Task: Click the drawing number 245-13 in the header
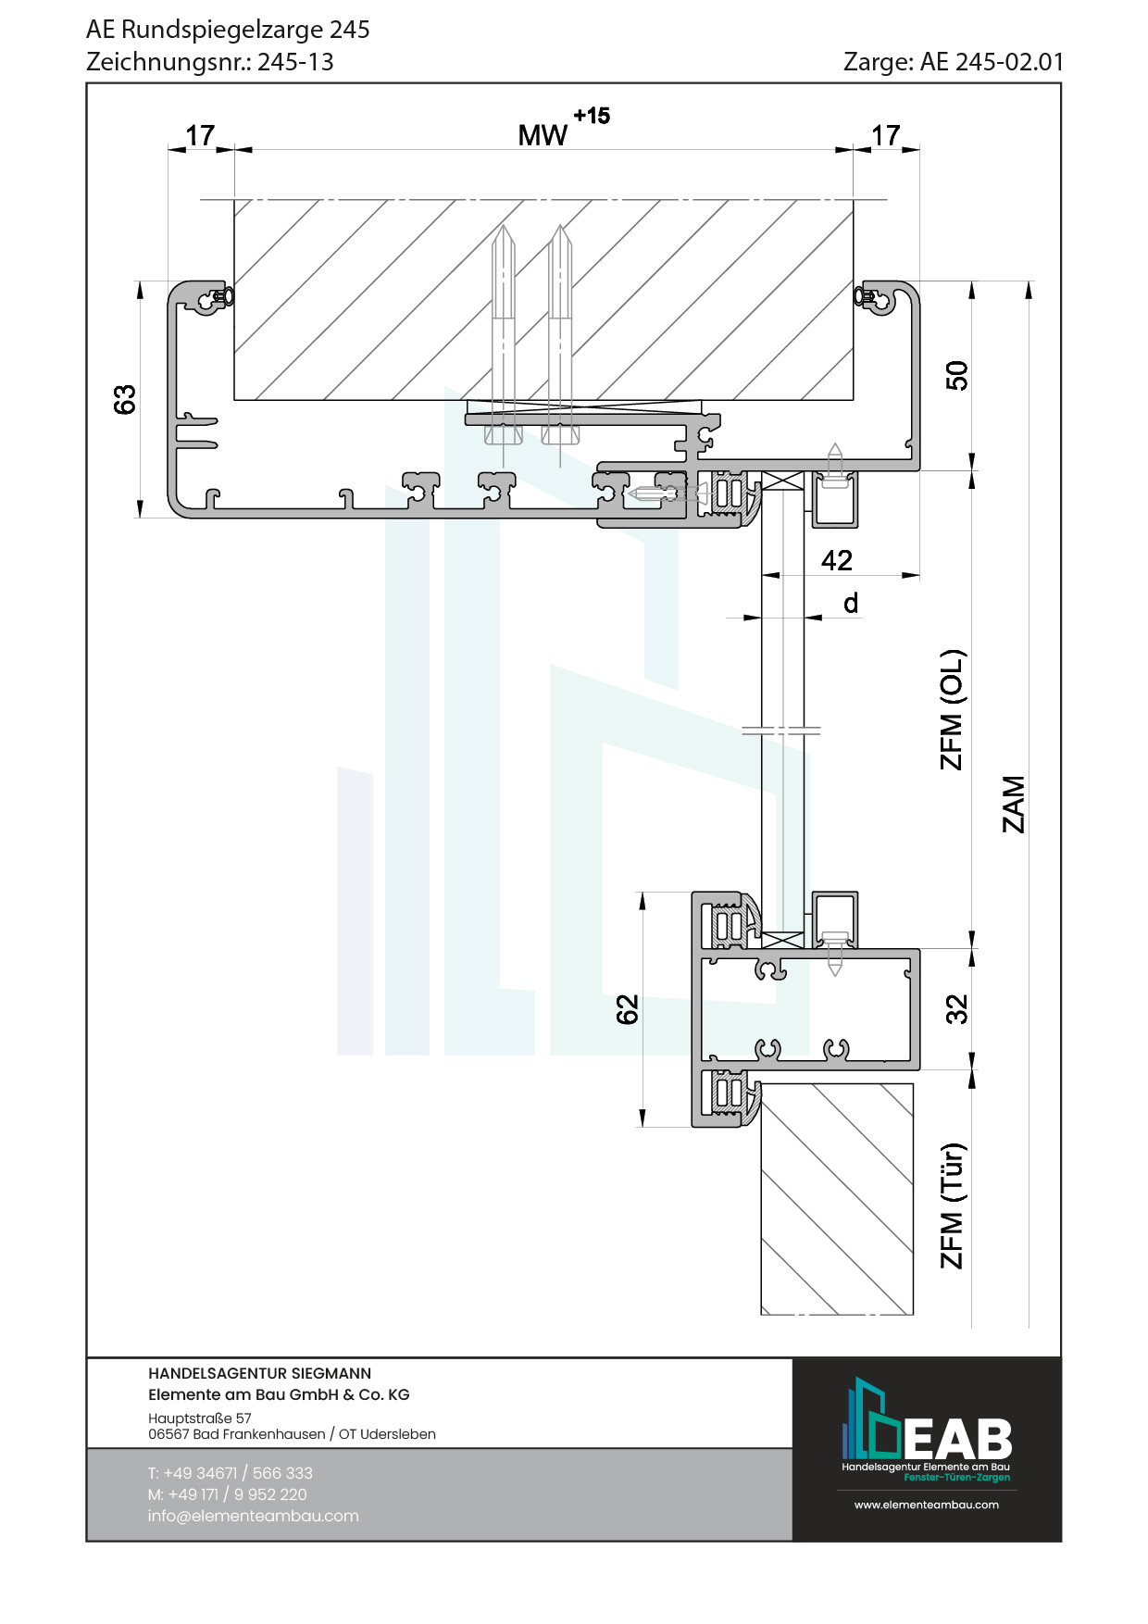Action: pos(295,62)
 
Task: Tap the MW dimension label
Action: pos(542,136)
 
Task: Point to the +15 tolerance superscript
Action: pos(592,116)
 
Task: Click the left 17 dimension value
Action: pos(200,136)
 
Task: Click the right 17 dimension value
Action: pos(885,136)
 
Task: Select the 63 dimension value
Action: pos(125,399)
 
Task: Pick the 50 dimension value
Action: pos(956,376)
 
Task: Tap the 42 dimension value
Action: pos(836,560)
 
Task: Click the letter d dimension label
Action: pos(851,604)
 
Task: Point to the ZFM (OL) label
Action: pos(952,709)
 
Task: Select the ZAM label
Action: pos(1015,804)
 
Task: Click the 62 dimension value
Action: pos(628,1009)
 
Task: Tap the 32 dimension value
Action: pos(956,1009)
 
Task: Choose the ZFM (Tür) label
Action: pos(952,1206)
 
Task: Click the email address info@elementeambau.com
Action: pos(253,1516)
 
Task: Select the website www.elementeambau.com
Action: pos(926,1505)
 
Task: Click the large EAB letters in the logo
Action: pos(958,1439)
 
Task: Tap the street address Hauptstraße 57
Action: pos(199,1418)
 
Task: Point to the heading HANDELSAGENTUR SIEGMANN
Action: pos(259,1373)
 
